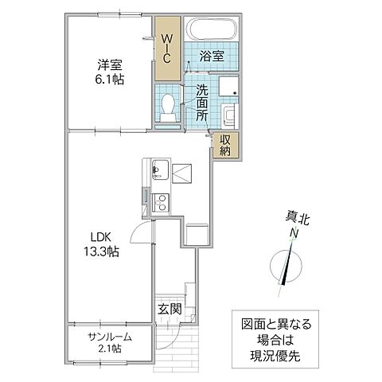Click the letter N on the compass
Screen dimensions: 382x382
293,232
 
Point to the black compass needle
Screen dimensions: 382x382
289,267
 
